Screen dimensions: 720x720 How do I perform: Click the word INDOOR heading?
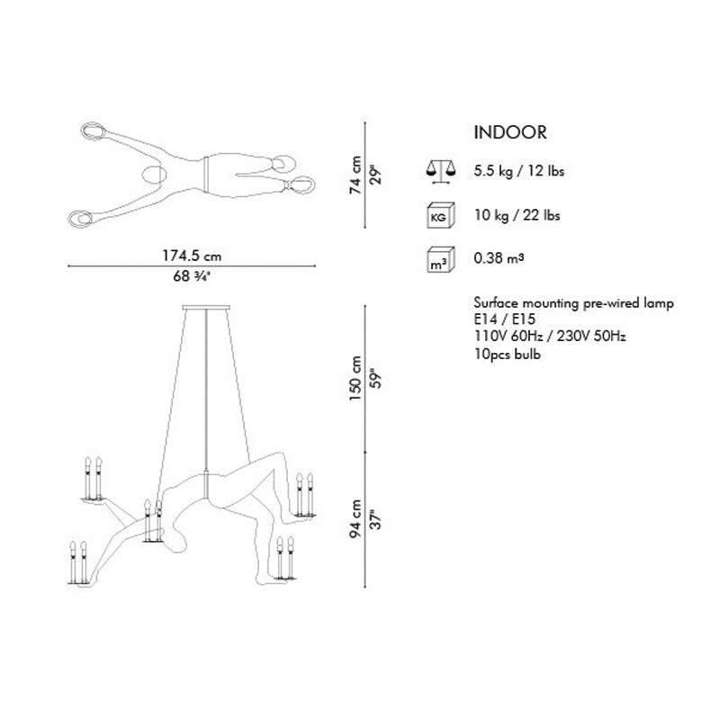pos(510,132)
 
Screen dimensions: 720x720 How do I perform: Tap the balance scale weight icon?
pos(441,173)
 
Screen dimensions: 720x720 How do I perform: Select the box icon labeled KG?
pos(441,215)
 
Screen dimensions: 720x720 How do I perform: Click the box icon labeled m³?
pos(441,260)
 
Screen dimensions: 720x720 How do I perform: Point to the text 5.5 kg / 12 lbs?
pos(519,171)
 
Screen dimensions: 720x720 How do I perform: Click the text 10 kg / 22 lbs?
pos(517,215)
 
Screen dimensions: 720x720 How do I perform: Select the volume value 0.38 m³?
pos(499,258)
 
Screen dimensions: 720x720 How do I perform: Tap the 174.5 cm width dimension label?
pos(192,256)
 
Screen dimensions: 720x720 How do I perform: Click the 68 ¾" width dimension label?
pos(192,276)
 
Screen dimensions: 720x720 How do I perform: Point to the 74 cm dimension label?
pos(355,175)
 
